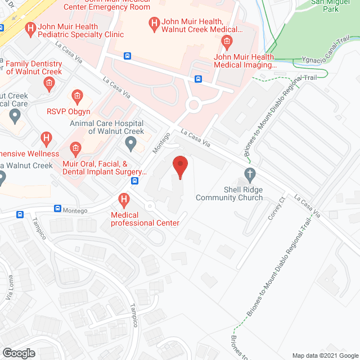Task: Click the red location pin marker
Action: pos(179,167)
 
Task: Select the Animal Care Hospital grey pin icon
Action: pos(131,145)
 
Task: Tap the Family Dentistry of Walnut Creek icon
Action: pos(49,84)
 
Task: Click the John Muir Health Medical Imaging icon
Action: pos(226,40)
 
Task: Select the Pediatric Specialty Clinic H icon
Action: pos(30,28)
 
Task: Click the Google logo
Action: pos(18,353)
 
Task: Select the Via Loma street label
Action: pos(10,295)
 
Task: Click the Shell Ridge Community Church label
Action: pos(229,193)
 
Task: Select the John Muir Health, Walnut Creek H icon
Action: pos(152,24)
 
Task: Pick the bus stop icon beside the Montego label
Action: pos(57,209)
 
